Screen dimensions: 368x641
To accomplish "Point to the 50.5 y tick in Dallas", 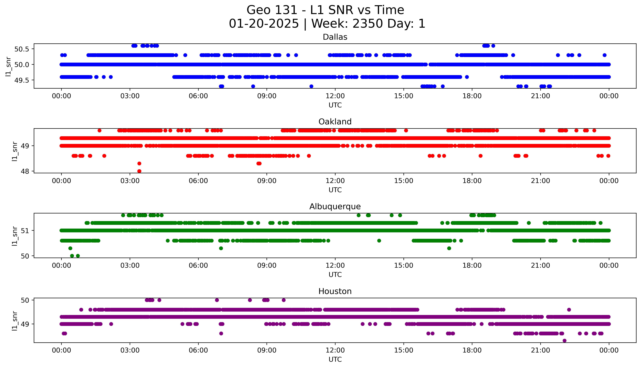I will tap(22, 49).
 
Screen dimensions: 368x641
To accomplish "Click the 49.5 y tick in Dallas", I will tap(22, 80).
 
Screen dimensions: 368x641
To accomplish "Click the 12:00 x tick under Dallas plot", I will tap(335, 96).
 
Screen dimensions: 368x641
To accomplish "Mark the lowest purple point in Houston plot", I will tap(564, 341).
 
